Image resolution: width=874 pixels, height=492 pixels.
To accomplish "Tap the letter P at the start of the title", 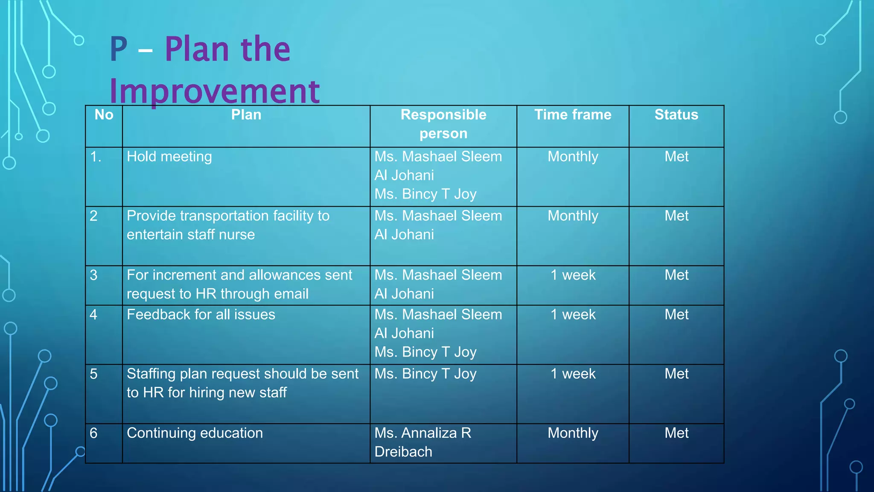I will [x=119, y=50].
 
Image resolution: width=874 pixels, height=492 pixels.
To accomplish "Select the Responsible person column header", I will [x=443, y=124].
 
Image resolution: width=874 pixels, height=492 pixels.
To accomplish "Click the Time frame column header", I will [x=573, y=114].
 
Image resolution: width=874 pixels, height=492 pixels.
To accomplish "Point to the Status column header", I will [x=676, y=114].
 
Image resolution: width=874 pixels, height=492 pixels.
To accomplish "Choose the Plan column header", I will [x=246, y=114].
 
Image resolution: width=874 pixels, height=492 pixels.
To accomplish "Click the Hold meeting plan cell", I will [x=169, y=157].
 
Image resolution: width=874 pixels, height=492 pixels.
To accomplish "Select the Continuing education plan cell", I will [x=195, y=433].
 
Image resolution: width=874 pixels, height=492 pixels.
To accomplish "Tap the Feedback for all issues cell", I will [x=201, y=315].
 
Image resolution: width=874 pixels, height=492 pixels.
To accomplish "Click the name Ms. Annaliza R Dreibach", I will [x=422, y=442].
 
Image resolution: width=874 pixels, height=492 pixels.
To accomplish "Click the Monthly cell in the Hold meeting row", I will [x=573, y=157].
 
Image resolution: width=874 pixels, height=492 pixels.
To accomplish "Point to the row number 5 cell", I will [x=94, y=374].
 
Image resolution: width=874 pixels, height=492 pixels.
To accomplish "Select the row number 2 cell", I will [x=94, y=216].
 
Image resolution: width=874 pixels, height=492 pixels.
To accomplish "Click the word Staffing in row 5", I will [x=151, y=374].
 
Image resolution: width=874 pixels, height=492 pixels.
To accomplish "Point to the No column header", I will [x=104, y=114].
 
